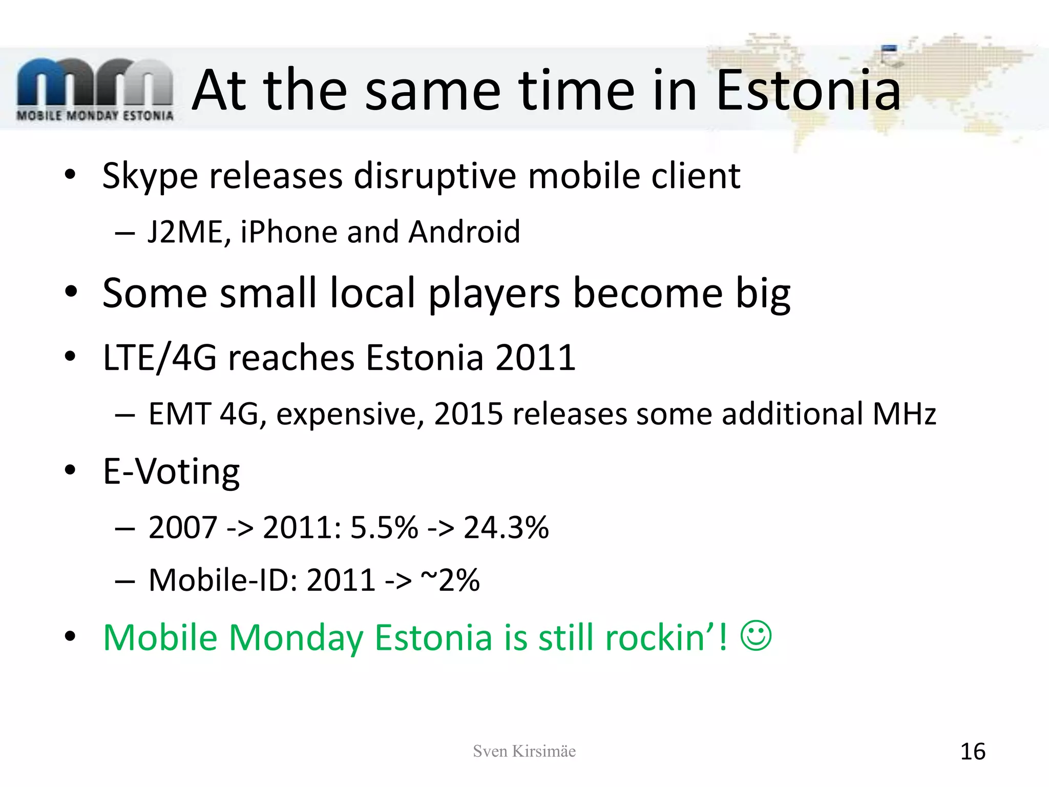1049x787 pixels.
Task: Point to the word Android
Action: point(464,232)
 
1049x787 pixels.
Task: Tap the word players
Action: point(494,293)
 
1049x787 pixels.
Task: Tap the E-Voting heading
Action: point(171,471)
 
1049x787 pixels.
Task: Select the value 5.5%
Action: point(384,527)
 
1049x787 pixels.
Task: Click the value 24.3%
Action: point(506,527)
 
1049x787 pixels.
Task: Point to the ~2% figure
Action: point(450,580)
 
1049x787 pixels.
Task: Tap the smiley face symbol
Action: point(756,636)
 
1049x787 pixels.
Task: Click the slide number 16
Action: point(972,752)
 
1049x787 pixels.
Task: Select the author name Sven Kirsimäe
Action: point(524,751)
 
